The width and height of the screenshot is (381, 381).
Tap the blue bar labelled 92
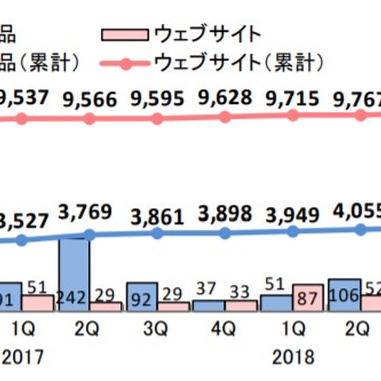pos(142,296)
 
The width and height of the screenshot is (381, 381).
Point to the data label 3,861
pos(157,215)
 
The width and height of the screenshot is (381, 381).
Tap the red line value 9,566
pos(89,100)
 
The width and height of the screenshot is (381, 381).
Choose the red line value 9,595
pos(157,99)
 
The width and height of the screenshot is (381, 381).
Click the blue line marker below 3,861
pos(157,234)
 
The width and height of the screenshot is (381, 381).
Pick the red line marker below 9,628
pos(225,117)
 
